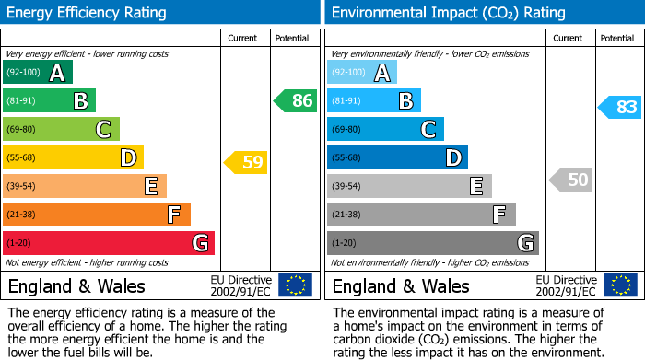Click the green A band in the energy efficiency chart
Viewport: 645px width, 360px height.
tap(37, 73)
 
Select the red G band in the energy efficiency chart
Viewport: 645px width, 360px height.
tap(109, 243)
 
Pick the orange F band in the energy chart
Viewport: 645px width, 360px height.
tap(97, 215)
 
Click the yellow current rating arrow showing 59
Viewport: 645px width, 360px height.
tap(246, 163)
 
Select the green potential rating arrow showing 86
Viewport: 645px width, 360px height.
tap(296, 101)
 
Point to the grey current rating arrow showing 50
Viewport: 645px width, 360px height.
tap(570, 180)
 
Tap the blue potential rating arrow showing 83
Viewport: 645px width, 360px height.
tap(620, 107)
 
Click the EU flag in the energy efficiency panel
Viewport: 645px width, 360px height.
tap(295, 285)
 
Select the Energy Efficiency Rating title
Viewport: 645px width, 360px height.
tap(88, 13)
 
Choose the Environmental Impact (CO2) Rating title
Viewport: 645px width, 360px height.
tap(448, 13)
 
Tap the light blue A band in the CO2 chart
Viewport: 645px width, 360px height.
tap(362, 73)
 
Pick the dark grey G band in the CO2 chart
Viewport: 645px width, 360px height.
tap(433, 243)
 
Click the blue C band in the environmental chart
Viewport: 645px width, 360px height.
tap(385, 129)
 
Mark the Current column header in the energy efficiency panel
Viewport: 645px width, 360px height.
tap(243, 38)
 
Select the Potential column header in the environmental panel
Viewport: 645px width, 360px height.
tap(616, 38)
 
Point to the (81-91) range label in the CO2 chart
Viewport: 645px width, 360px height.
tap(346, 101)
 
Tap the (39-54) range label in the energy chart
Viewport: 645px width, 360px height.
tap(22, 186)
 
